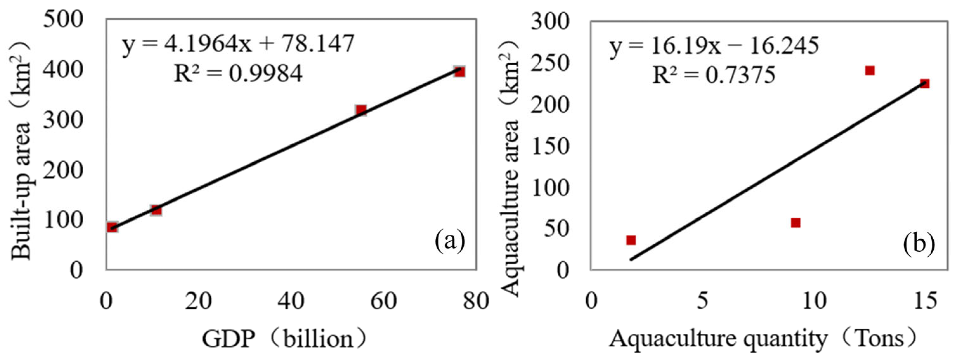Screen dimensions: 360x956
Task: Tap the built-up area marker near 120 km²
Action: (x=156, y=210)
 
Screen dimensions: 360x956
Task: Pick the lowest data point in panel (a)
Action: (x=112, y=227)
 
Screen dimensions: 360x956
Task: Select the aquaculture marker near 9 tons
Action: (x=795, y=223)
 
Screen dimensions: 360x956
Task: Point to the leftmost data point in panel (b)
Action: (x=631, y=240)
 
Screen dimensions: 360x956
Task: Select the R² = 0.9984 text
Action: (x=238, y=74)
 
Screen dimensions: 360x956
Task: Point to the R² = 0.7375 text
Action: (x=714, y=75)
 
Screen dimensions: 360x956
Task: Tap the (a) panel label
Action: (x=450, y=241)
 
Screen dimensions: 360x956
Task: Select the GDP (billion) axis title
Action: (x=284, y=338)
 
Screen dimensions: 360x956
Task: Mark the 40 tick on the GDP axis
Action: (x=291, y=301)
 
